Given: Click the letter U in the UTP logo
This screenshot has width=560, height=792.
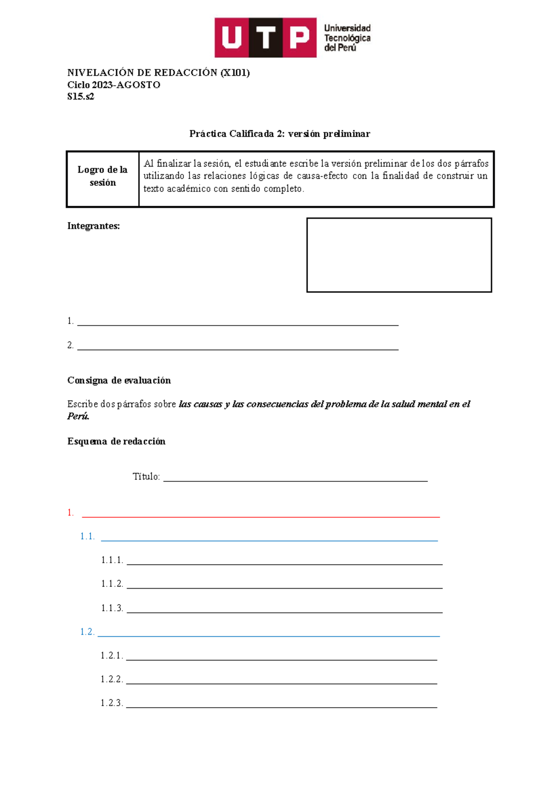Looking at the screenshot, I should click(231, 38).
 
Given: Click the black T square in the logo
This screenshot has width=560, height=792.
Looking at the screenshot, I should click(266, 38).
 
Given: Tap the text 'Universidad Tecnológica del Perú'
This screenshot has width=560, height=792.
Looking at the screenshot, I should click(347, 38).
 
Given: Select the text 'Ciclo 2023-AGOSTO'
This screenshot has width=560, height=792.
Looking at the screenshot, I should click(113, 85).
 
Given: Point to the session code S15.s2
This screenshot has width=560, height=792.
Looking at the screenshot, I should click(80, 97).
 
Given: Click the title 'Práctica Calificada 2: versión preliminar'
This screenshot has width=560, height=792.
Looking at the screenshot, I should click(280, 134).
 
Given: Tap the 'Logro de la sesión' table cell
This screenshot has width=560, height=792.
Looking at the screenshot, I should click(103, 176).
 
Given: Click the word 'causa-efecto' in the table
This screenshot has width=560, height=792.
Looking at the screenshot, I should click(322, 176).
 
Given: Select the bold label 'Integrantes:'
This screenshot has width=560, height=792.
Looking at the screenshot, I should click(93, 226).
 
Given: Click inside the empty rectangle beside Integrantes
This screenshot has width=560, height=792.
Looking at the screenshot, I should click(399, 255).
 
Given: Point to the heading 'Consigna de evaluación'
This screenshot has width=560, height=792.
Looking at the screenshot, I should click(119, 381).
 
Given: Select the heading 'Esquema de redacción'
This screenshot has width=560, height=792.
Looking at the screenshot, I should click(116, 442).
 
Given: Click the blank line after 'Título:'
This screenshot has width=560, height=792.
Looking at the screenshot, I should click(295, 478).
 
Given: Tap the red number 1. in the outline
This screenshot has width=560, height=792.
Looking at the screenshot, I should click(70, 513).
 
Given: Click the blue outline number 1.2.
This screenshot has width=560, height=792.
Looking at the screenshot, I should click(87, 632).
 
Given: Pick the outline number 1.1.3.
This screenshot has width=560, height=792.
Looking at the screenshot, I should click(112, 608).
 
